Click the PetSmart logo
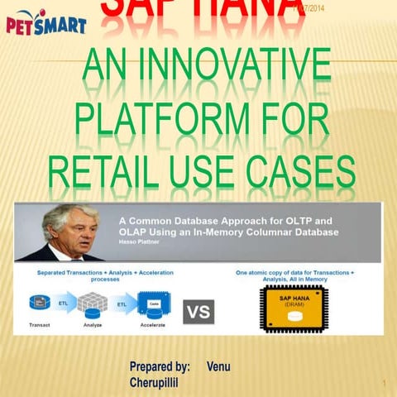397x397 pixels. coord(46,24)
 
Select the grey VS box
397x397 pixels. coord(198,311)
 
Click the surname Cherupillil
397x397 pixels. coord(154,383)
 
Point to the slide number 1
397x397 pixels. coord(385,383)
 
